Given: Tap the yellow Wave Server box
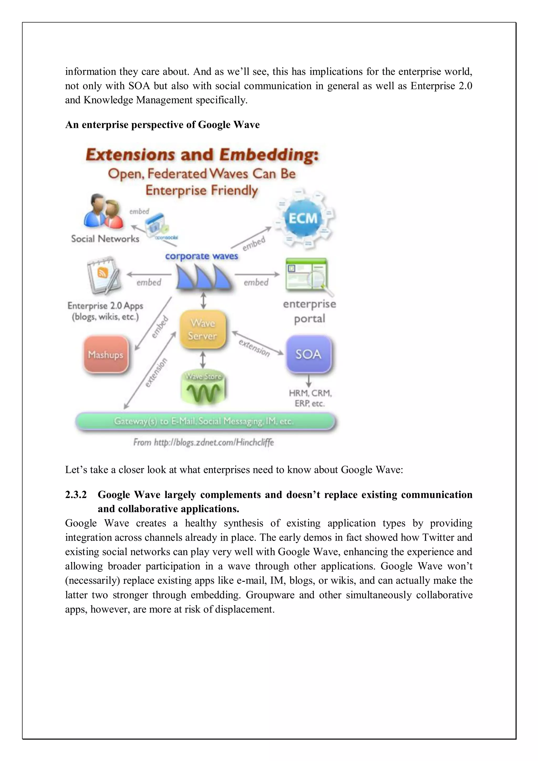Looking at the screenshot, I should click(203, 329).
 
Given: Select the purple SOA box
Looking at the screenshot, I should click(309, 354).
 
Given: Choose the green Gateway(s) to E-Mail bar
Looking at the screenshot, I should click(205, 422).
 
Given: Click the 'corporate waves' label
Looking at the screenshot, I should click(201, 256).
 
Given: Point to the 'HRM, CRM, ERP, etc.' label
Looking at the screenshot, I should click(310, 398).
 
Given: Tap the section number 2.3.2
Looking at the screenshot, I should click(76, 495).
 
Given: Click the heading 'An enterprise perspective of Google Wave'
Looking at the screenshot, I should click(162, 125).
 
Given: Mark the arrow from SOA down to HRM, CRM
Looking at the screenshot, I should click(309, 380).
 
